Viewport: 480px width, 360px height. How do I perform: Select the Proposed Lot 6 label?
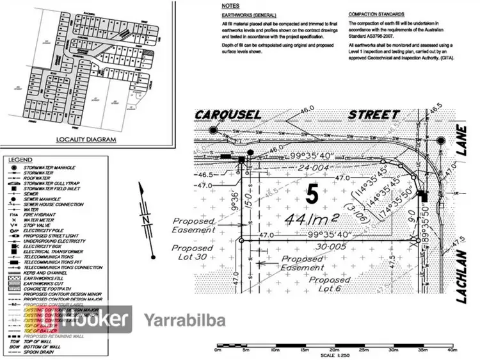point(330,285)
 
